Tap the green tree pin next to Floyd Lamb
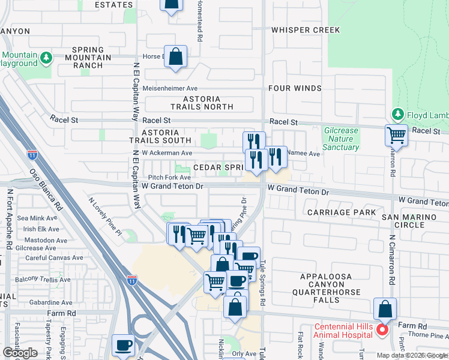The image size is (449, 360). (x=397, y=113)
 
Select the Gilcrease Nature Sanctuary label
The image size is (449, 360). (x=340, y=139)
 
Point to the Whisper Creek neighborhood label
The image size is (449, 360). (x=305, y=30)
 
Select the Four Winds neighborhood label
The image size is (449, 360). (x=295, y=88)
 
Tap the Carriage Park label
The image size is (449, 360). (x=341, y=212)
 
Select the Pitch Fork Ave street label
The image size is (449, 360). (x=169, y=178)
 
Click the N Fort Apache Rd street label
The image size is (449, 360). (x=10, y=220)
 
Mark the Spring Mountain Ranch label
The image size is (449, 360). (x=92, y=58)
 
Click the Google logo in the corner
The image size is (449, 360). (x=20, y=353)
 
